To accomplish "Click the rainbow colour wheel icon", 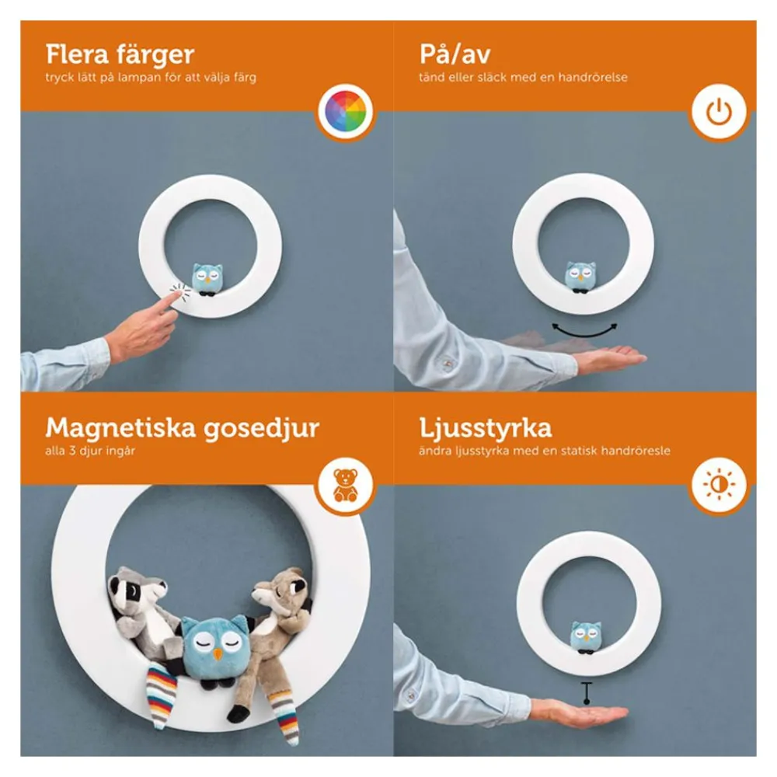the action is (346, 111).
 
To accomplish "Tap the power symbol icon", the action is (719, 111).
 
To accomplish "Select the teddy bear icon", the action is (346, 485).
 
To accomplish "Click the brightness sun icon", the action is (719, 484).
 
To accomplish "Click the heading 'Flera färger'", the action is (120, 54).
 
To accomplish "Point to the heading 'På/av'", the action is (455, 54).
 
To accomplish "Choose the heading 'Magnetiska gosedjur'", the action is (183, 429).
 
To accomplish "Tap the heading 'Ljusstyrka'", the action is (485, 429).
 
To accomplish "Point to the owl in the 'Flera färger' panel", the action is (207, 280).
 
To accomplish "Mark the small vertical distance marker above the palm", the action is (587, 693).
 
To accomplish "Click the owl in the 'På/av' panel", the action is (580, 277).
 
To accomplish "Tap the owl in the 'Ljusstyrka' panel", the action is (586, 637).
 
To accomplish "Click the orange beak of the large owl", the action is (218, 655).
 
